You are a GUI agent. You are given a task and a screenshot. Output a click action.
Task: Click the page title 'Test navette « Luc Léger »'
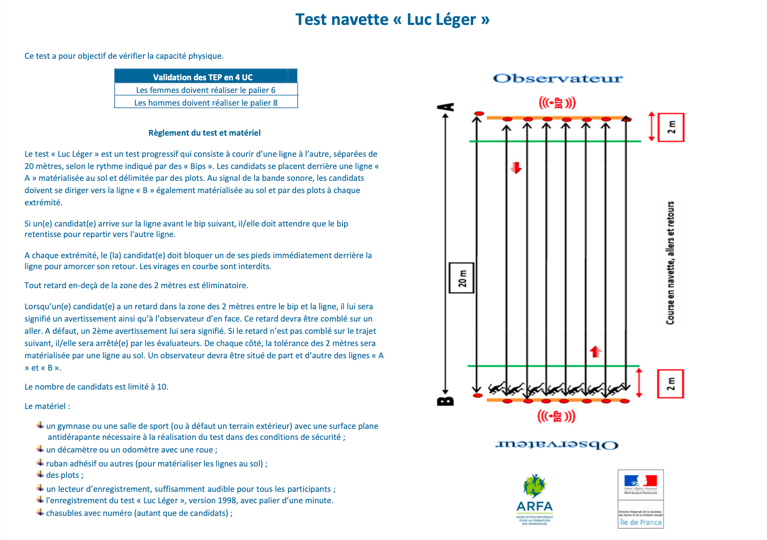392,19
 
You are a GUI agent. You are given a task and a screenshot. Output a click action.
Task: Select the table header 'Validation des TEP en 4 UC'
203,77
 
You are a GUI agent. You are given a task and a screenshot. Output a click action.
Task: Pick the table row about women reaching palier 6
205,90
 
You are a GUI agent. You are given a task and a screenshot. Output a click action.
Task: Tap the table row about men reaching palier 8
205,102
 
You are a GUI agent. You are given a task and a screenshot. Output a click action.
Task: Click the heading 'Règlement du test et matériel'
204,133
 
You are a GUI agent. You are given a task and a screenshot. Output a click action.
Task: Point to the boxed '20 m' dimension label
461,278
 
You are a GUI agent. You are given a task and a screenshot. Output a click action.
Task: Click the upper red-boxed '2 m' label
671,127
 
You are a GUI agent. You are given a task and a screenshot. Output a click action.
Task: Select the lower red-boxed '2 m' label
670,384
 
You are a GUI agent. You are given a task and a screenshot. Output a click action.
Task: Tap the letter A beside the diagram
445,107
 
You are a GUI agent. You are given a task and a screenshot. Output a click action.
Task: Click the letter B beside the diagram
445,401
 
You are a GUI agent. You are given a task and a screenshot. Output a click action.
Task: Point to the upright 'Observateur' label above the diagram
558,79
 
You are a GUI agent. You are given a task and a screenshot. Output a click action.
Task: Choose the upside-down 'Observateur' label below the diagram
557,445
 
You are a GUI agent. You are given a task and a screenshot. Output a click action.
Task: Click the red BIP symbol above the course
557,103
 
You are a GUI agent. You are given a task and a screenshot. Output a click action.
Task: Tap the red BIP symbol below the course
556,416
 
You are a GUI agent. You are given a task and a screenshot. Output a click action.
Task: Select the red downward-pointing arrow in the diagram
516,168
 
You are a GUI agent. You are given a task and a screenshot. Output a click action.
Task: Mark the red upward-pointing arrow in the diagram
596,351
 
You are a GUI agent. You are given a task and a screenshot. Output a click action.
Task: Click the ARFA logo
534,499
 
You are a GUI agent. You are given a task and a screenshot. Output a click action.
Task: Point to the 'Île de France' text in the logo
641,522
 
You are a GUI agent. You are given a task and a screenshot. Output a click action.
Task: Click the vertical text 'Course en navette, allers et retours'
670,263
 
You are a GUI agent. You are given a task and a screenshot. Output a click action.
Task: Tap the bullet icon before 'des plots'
40,474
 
